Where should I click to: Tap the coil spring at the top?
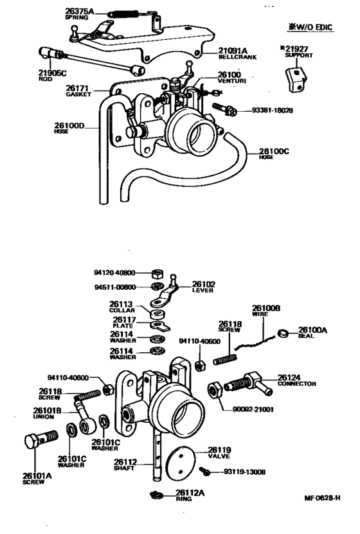coord(123,14)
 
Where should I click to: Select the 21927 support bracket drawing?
coord(296,80)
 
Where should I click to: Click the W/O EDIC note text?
coord(310,28)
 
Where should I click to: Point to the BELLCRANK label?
coord(237,57)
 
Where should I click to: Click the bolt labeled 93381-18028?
coord(225,109)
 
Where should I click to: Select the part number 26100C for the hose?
coord(274,151)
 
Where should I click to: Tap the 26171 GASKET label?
coord(78,91)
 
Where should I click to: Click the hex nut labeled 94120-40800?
coord(157,273)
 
